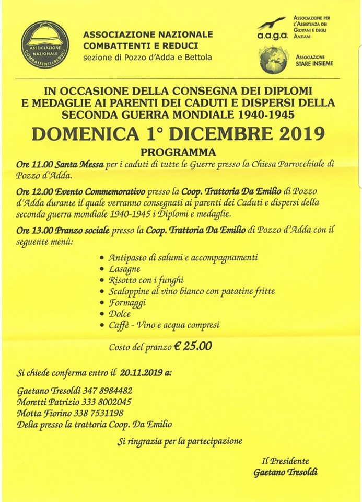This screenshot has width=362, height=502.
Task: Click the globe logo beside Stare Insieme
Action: (272, 60)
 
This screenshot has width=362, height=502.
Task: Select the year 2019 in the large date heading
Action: (295, 134)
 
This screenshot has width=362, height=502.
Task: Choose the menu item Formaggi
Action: (127, 303)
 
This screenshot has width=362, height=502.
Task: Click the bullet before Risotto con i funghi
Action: (101, 280)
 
